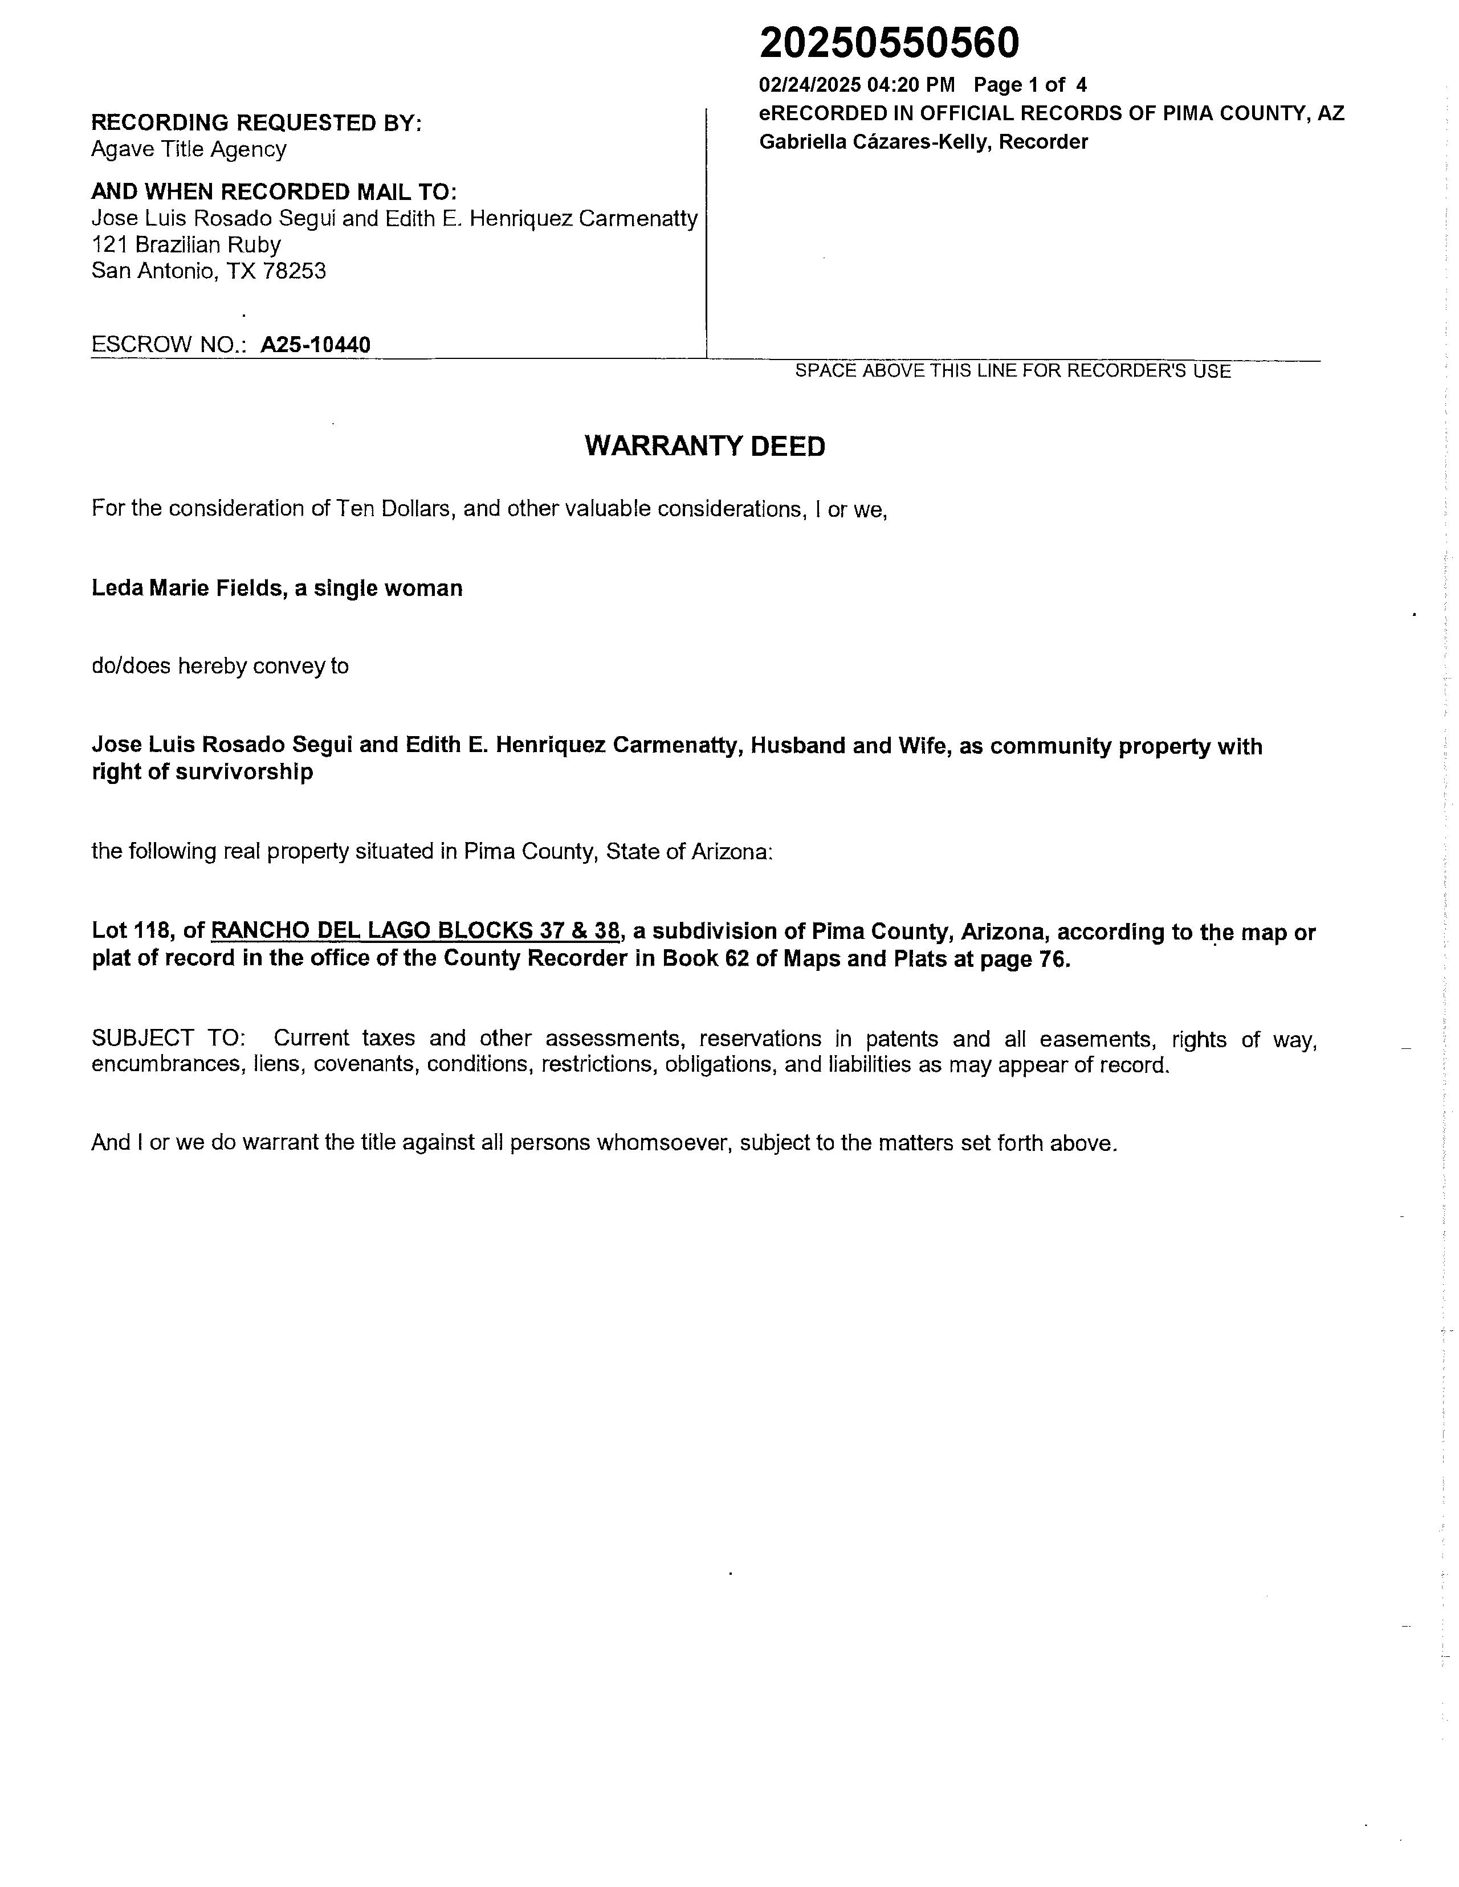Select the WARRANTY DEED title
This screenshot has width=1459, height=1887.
tap(704, 446)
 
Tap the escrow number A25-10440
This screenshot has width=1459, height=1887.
tap(316, 345)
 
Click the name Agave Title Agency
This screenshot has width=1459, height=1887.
tap(189, 149)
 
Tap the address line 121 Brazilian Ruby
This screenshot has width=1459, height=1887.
tap(186, 244)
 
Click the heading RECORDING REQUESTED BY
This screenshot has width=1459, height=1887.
tap(256, 122)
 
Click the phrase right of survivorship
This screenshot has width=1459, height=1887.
tap(202, 771)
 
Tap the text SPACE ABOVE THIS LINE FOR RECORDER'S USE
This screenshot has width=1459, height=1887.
tap(1012, 371)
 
